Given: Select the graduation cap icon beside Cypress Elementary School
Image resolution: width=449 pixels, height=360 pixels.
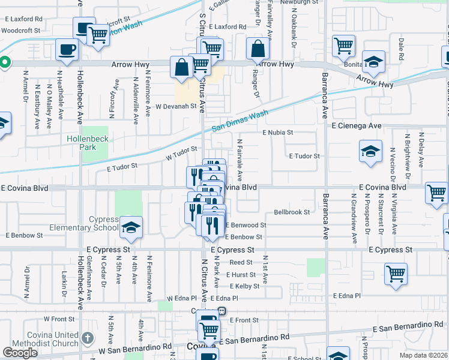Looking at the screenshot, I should click(130, 227).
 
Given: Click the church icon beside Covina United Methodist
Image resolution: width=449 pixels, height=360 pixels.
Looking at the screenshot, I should click(88, 338).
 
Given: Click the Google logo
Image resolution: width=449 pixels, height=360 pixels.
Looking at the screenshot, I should click(20, 352).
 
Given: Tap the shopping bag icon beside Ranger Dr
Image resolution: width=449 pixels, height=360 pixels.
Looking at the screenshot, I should click(258, 50).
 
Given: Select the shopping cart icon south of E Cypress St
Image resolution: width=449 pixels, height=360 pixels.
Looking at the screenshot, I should click(396, 274).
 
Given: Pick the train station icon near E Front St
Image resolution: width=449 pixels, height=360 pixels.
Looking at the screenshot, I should click(221, 311).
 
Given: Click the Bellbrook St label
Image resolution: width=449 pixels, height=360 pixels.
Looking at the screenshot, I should click(292, 212).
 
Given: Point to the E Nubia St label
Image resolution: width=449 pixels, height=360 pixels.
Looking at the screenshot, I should click(277, 132).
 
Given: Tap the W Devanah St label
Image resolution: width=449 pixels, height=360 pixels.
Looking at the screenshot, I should click(176, 106).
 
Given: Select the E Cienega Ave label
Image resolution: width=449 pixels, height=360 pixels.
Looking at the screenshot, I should click(358, 125).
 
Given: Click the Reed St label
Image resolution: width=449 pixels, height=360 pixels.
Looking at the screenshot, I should click(241, 262).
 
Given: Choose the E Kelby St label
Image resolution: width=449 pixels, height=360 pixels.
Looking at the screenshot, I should click(244, 286).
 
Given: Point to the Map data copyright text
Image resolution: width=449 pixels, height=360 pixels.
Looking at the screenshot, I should click(423, 355).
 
